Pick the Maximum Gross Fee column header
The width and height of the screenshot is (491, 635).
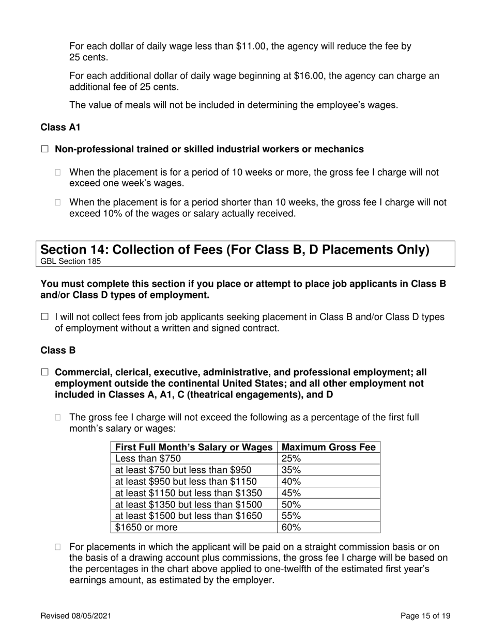click(x=329, y=447)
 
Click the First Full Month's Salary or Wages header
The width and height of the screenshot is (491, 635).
click(x=194, y=447)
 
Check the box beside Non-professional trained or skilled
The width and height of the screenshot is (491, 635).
click(x=44, y=149)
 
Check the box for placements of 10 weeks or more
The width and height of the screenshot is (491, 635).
click(x=58, y=172)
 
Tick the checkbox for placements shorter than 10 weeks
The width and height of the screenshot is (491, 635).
click(x=58, y=203)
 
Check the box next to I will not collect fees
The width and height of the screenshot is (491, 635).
click(x=44, y=317)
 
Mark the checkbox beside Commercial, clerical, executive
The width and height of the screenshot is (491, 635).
click(x=44, y=373)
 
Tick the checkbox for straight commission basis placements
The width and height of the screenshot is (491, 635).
click(x=58, y=547)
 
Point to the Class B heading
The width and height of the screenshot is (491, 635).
click(x=58, y=351)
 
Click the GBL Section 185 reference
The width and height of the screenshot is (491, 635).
click(x=70, y=261)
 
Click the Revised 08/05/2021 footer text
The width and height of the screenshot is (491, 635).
click(x=75, y=615)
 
